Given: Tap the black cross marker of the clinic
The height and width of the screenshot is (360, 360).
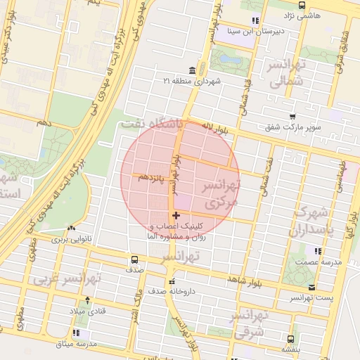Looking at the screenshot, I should tap(175, 215).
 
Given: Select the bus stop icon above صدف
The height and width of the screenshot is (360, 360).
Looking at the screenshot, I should tap(135, 259).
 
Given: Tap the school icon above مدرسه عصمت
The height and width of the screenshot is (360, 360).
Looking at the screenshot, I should tap(319, 250).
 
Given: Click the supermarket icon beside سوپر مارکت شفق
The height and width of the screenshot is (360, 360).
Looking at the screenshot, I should tap(290, 118).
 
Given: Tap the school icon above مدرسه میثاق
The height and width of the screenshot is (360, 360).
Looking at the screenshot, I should tap(76, 333).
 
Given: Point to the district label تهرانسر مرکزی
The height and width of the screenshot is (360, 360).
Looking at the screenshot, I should tap(221, 194).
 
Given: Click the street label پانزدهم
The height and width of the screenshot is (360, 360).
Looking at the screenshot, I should tap(151, 176).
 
